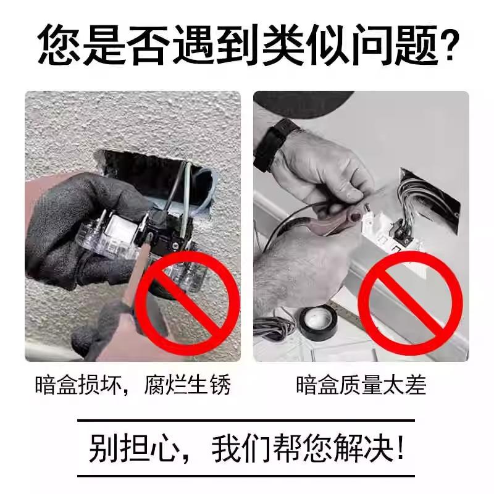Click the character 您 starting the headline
tap(61, 46)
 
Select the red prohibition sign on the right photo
tap(410, 305)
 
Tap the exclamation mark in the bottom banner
tap(401, 449)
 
